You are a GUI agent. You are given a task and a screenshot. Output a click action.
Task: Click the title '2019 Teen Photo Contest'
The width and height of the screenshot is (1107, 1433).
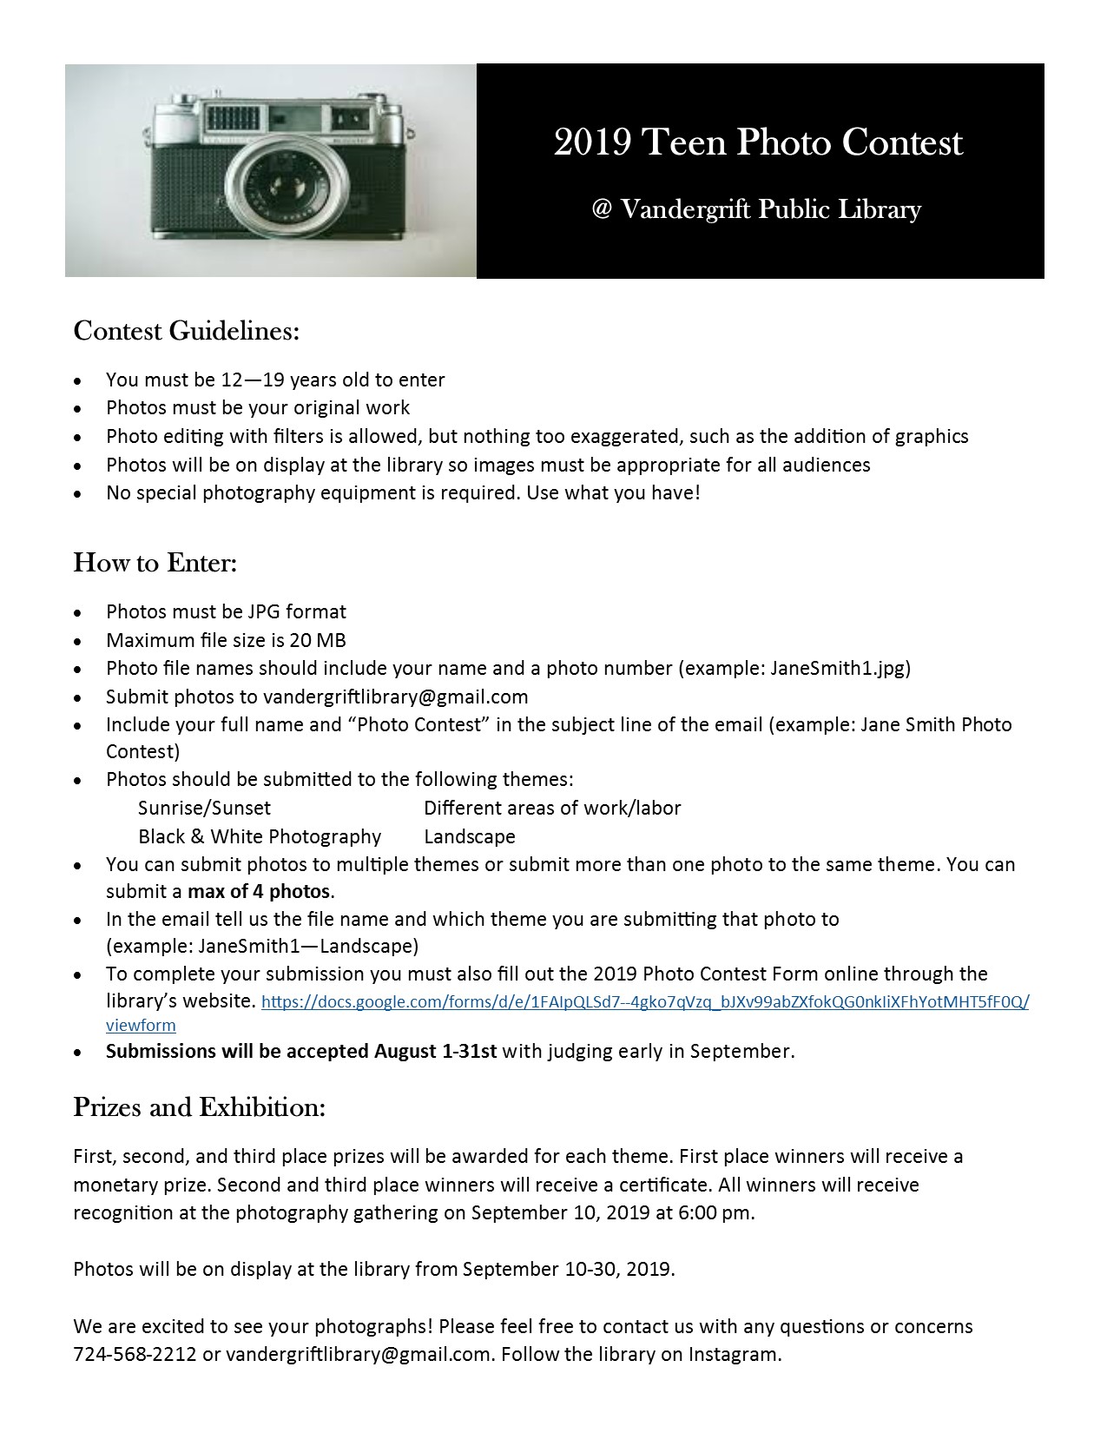click(x=758, y=143)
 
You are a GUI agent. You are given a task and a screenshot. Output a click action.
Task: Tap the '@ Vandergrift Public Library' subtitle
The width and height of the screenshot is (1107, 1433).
click(x=755, y=209)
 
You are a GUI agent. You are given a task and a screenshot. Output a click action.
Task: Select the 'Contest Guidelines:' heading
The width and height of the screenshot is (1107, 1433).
click(x=186, y=331)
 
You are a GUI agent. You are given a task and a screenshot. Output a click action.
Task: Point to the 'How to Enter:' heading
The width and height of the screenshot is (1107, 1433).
click(x=155, y=563)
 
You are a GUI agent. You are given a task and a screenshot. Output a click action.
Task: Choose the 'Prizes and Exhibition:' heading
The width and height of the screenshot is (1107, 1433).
click(x=199, y=1107)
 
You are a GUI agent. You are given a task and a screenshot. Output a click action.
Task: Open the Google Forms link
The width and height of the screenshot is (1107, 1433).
click(x=644, y=1001)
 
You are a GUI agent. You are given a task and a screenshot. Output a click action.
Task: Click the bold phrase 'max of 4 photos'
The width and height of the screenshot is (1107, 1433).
click(x=260, y=892)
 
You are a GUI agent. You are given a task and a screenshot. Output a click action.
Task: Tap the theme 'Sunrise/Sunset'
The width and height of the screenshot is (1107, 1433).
click(x=204, y=809)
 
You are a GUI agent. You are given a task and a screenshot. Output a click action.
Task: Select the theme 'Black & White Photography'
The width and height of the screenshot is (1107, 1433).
click(x=260, y=836)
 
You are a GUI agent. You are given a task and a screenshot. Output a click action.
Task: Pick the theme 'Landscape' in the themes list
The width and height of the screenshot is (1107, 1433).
click(x=470, y=836)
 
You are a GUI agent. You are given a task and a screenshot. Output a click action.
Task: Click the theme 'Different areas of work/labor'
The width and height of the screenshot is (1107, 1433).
click(x=552, y=809)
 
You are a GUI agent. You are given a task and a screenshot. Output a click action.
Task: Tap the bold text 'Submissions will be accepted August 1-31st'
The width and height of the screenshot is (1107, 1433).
click(x=300, y=1051)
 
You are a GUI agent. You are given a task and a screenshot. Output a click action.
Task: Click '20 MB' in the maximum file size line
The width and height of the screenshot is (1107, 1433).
click(x=318, y=640)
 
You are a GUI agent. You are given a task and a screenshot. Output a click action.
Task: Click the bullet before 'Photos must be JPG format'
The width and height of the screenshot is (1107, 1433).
click(x=79, y=613)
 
